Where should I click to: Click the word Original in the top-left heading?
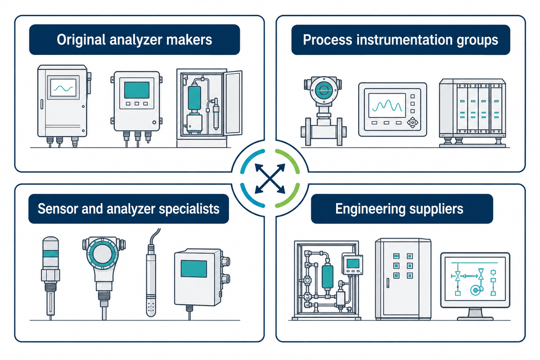point(81,40)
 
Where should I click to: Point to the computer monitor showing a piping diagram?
point(475,286)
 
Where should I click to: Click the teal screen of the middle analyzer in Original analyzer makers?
point(137,90)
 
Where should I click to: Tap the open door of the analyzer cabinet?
point(233,103)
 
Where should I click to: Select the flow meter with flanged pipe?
point(323,111)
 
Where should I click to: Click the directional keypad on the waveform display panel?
point(413,122)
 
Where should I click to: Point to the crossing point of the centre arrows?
point(270,179)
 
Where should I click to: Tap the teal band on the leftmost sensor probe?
point(50,254)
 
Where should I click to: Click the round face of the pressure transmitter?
point(103,254)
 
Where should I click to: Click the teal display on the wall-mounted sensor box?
point(194,269)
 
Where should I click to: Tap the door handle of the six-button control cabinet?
point(388,283)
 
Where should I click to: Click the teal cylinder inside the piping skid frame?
point(328,277)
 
